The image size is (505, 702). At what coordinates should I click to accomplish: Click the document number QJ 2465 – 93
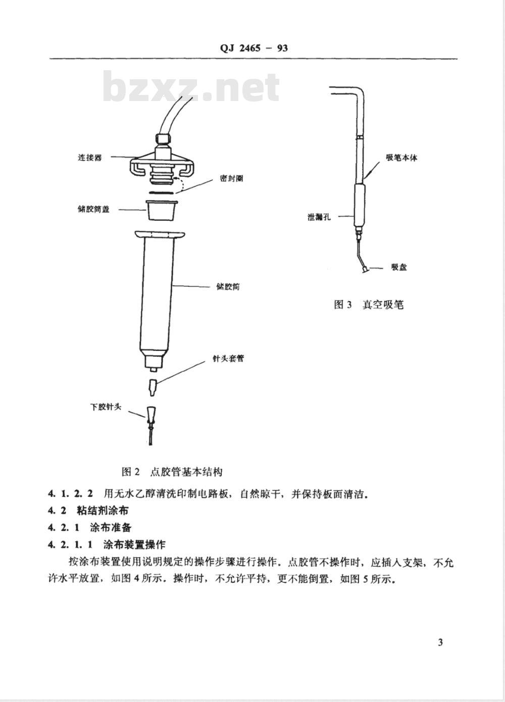coord(254,48)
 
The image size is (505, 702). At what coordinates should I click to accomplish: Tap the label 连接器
coord(89,158)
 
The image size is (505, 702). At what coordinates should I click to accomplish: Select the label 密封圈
coord(231,178)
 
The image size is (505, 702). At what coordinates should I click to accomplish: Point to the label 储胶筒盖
coord(93,209)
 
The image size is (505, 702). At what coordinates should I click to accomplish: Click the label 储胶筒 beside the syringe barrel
coord(228,287)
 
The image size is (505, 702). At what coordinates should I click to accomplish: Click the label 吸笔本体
coord(402,158)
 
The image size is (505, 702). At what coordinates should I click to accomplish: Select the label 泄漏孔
coord(319,217)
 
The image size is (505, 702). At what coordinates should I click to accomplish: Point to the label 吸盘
coord(398,267)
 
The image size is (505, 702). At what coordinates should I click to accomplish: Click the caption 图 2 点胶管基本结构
coord(172,472)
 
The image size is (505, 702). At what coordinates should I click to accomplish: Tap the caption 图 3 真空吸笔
coord(369,305)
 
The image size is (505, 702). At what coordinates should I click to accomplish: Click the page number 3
coord(440,642)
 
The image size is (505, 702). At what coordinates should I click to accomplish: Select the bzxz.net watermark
coord(191,87)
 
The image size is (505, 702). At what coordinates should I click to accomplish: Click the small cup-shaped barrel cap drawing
coord(161,210)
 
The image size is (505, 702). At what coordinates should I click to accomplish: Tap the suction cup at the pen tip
coord(363,271)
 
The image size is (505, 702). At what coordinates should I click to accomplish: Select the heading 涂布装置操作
coord(134,545)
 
